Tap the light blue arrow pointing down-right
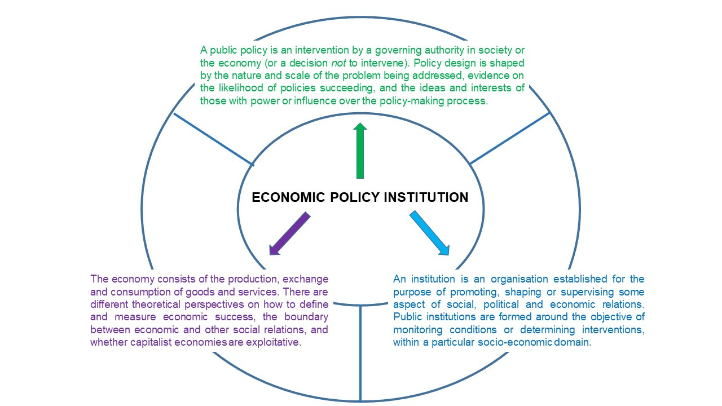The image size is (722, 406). click(x=429, y=232)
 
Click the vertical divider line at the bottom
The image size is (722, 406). click(x=360, y=352)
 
